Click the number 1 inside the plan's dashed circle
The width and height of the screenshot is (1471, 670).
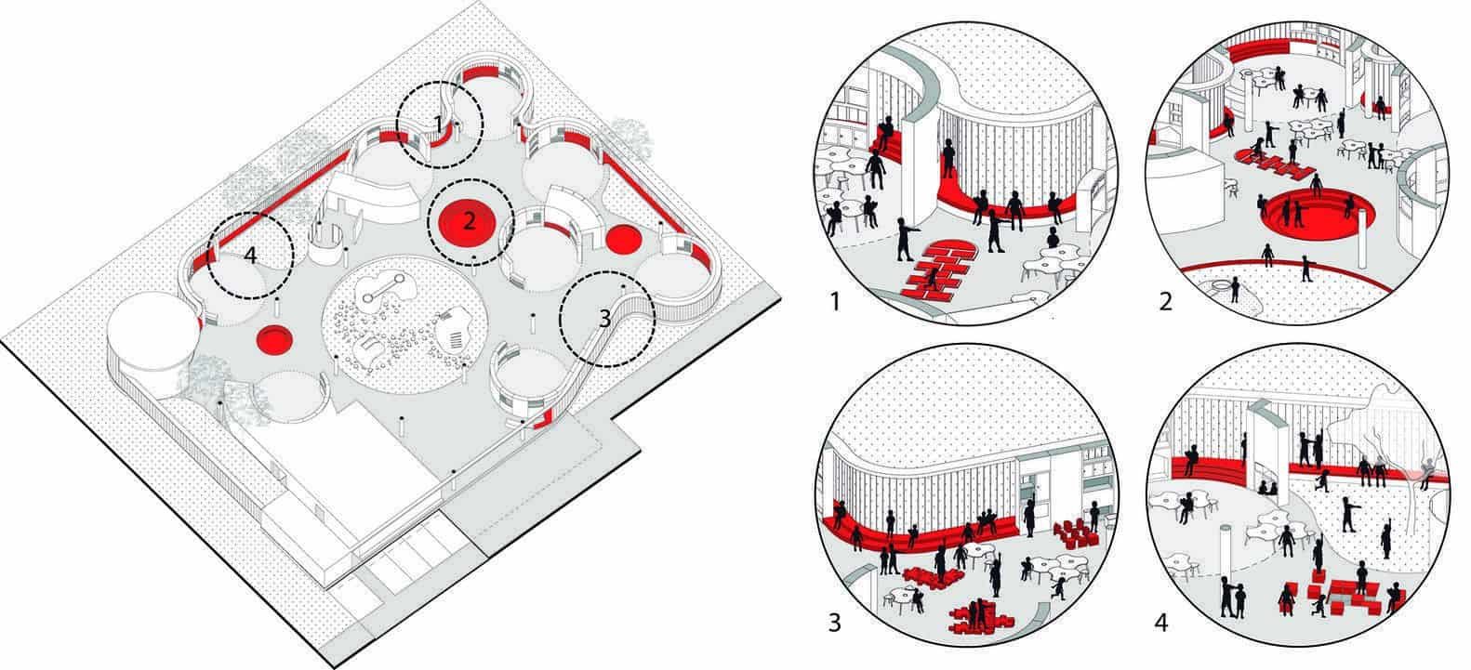pos(439,123)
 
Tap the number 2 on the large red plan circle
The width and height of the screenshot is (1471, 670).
pos(469,222)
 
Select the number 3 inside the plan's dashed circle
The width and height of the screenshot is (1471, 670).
pos(604,319)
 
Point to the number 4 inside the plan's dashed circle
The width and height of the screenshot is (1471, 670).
pos(250,256)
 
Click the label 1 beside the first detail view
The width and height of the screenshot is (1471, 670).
pos(835,302)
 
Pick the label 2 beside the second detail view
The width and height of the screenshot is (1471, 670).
pos(1166,302)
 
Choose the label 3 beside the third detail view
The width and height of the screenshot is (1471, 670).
pos(835,623)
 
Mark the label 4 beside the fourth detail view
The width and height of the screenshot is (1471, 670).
pos(1161,623)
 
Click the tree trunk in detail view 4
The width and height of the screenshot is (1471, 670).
pos(1411,499)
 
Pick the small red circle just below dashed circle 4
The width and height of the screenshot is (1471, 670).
pos(274,339)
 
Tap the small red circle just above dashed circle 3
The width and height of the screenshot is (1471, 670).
pos(623,240)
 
